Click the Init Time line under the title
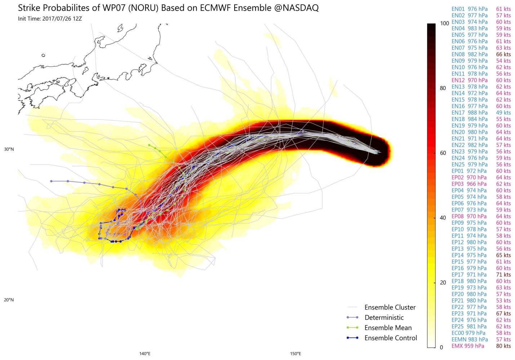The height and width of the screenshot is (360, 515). (x=50, y=19)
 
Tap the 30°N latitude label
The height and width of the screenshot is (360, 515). (x=9, y=149)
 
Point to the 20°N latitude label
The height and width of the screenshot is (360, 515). (x=9, y=300)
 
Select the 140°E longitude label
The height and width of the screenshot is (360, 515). (x=145, y=354)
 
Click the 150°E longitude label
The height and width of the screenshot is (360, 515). (x=296, y=354)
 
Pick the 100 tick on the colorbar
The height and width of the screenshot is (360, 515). (x=444, y=23)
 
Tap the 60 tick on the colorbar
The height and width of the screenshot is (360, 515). (x=443, y=153)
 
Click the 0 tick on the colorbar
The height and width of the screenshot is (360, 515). (x=441, y=347)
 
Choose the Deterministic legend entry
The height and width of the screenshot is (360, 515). (x=384, y=317)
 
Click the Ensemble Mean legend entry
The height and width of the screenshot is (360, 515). (x=388, y=328)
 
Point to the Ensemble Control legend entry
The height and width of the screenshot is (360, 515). (x=391, y=338)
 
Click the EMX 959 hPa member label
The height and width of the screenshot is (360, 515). (x=468, y=346)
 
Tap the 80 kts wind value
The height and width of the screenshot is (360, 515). (x=503, y=346)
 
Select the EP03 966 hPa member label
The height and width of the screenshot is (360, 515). (x=469, y=184)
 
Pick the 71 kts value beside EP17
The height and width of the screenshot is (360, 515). (x=503, y=275)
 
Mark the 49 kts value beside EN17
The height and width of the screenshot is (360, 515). (x=503, y=112)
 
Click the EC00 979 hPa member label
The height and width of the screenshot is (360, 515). (x=468, y=333)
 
